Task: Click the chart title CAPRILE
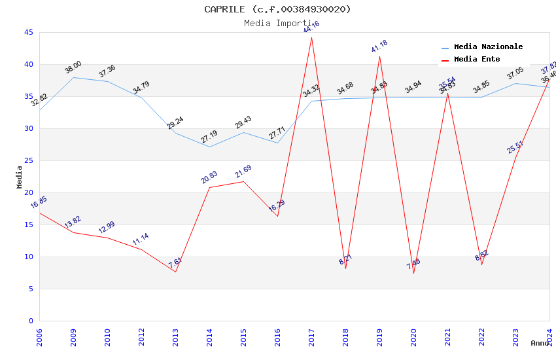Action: (x=277, y=9)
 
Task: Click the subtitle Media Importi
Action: (x=277, y=23)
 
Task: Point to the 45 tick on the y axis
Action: (x=29, y=33)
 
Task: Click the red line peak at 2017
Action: (x=311, y=37)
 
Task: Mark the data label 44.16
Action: (x=311, y=27)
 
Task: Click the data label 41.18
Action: (x=379, y=46)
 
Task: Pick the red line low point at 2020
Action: (x=413, y=273)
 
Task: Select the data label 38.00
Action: (x=73, y=67)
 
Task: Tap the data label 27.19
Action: (x=209, y=137)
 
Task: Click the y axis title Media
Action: (x=20, y=177)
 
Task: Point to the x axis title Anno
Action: (x=540, y=343)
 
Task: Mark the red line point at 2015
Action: (x=243, y=181)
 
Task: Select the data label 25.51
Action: (x=515, y=147)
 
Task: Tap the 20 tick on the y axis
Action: (x=29, y=192)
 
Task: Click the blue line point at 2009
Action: (x=73, y=77)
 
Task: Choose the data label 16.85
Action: (x=39, y=203)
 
